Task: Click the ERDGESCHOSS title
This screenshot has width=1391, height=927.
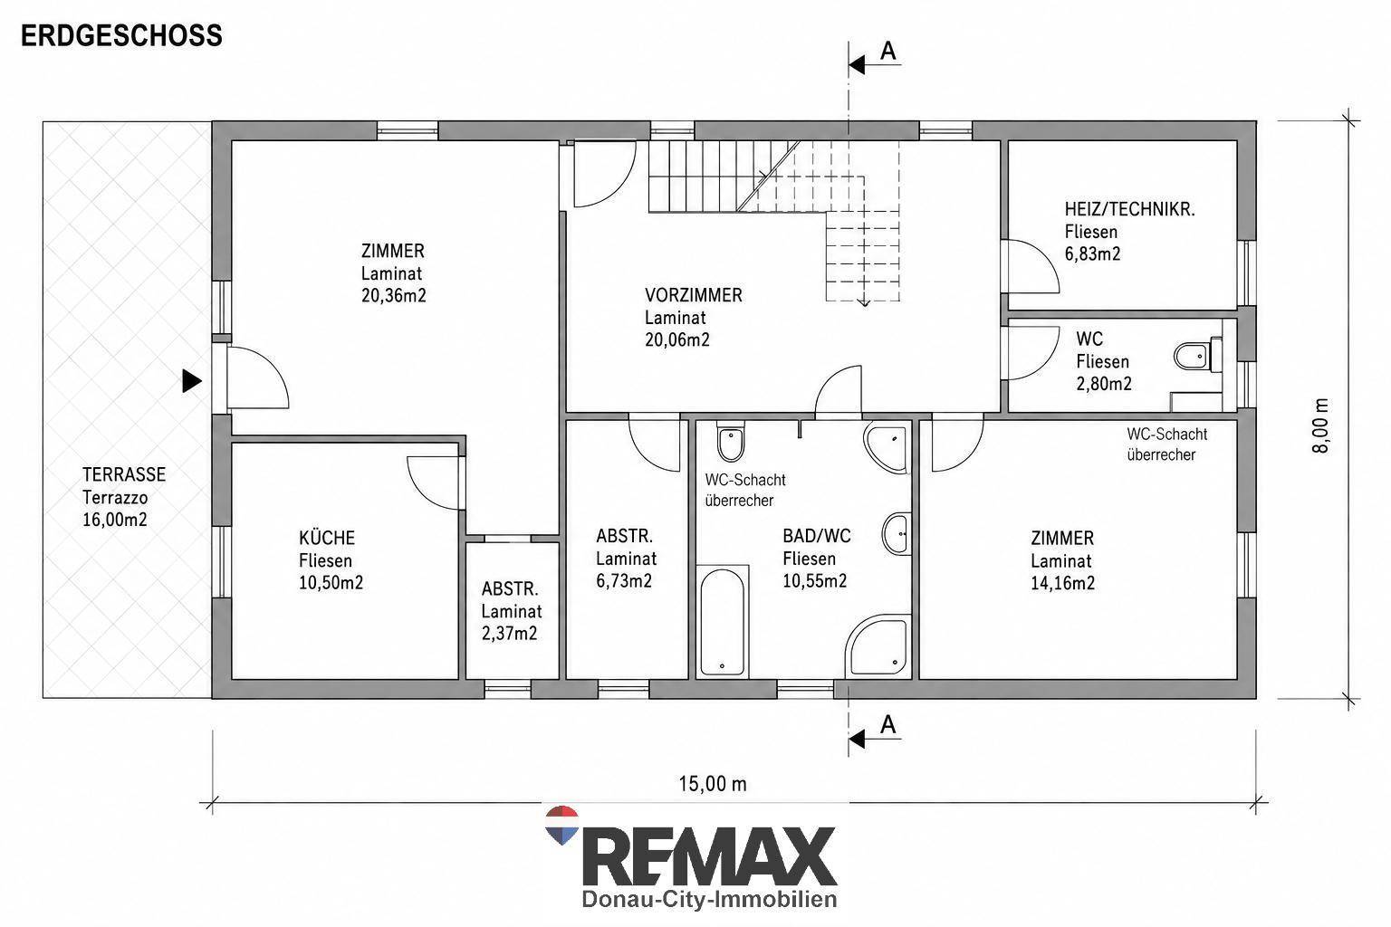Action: point(121,36)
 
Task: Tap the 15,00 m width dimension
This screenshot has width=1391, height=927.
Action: point(713,784)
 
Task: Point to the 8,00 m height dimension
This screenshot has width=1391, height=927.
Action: point(1321,425)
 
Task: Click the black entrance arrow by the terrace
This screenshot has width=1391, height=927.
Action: point(192,380)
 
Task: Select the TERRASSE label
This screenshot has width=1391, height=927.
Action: point(124,475)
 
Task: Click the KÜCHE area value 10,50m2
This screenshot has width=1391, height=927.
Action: point(331,583)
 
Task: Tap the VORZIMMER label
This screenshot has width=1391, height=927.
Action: point(694,295)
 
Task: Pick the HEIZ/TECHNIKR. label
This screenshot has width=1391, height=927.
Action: point(1129,209)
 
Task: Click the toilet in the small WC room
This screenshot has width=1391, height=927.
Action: point(1198,356)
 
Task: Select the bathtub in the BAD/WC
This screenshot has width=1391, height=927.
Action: point(722,621)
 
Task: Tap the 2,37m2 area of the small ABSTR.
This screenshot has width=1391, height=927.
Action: point(509,634)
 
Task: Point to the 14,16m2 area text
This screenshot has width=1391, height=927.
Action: point(1063,583)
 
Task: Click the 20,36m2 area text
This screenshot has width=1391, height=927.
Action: point(394,295)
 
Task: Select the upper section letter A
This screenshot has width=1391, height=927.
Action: point(888,51)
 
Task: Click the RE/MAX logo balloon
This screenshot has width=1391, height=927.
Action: point(562,825)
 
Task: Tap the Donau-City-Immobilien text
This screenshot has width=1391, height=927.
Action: point(709,899)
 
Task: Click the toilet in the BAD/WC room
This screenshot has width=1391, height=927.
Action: point(730,441)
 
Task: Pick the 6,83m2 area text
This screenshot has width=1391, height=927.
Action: point(1092,254)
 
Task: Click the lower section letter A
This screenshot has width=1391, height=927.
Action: point(888,724)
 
